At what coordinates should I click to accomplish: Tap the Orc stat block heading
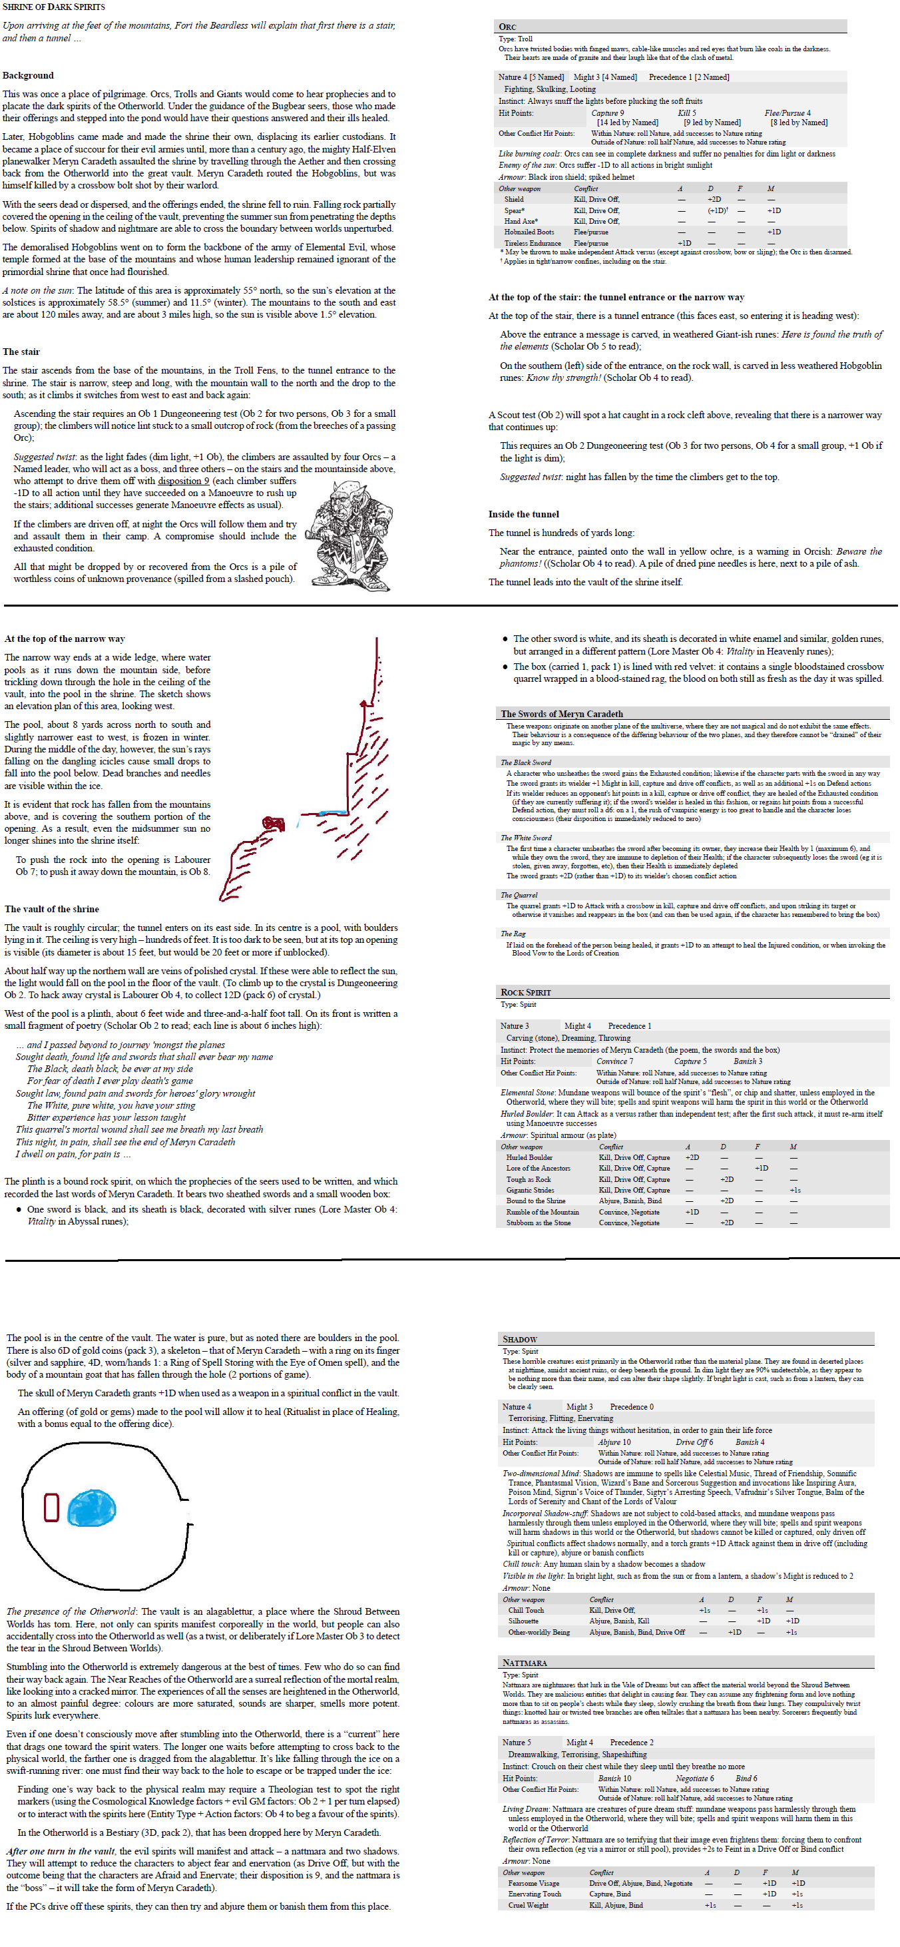(x=508, y=27)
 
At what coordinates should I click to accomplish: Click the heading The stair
(x=21, y=352)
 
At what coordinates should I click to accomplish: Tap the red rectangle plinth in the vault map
(x=51, y=1506)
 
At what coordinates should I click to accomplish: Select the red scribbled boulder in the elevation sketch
(x=273, y=823)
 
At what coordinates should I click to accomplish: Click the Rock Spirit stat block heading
(x=526, y=991)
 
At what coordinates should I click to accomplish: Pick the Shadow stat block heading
(x=520, y=1339)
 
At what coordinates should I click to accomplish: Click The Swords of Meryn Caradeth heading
(x=561, y=714)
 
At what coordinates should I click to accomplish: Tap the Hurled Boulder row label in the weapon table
(x=529, y=1157)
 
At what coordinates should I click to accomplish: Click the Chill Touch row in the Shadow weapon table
(x=526, y=1610)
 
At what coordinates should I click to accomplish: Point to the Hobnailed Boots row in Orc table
(x=529, y=232)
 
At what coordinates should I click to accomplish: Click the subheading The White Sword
(x=526, y=838)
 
